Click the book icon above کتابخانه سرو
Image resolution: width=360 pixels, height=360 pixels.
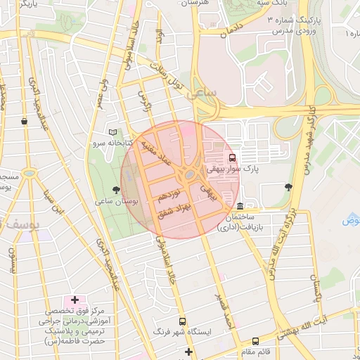click(x=113, y=131)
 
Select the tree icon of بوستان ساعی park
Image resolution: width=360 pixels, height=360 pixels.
click(x=116, y=189)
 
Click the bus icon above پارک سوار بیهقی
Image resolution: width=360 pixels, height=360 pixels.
click(x=233, y=157)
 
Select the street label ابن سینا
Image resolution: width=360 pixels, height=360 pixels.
click(x=50, y=202)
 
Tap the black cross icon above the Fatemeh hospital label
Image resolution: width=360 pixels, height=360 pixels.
click(x=75, y=300)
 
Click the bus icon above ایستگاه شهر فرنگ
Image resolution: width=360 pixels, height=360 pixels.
click(x=182, y=321)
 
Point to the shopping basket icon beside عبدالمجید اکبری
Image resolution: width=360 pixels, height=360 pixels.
click(x=25, y=121)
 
